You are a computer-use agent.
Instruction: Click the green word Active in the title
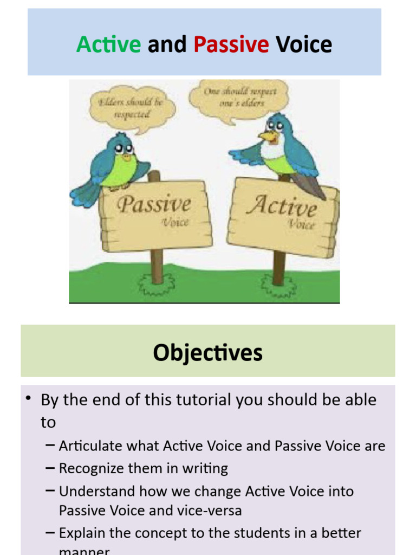tap(108, 44)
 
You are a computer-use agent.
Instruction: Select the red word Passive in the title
tap(231, 44)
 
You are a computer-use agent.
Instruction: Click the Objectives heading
tap(207, 352)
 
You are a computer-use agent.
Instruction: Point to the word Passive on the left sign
tap(154, 205)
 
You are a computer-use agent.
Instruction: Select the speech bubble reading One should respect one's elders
tap(240, 98)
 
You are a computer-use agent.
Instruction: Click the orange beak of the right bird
tap(267, 135)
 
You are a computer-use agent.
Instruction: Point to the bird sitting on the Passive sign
tap(116, 163)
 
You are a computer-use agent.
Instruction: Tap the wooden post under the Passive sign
tap(157, 266)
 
